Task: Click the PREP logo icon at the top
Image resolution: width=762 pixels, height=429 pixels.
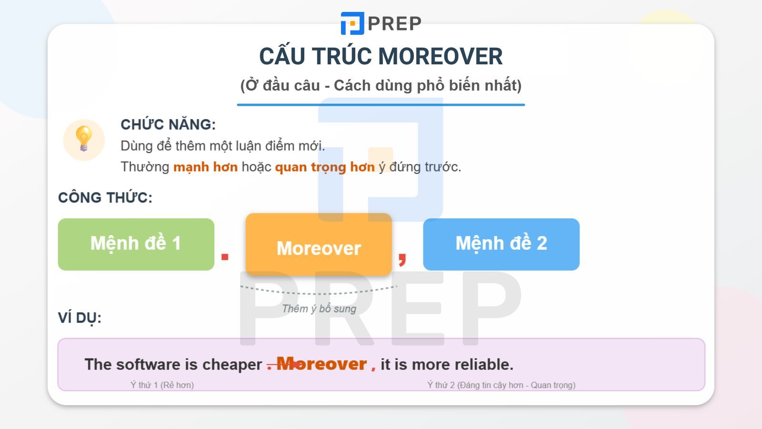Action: [352, 23]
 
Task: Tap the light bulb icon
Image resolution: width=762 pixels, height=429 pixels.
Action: [84, 139]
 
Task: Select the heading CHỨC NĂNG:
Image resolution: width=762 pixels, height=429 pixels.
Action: [168, 124]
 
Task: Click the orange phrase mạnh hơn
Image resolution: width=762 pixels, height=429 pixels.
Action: [205, 167]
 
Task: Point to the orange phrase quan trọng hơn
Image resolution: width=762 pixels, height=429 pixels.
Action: [325, 167]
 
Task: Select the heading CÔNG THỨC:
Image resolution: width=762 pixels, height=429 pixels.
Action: [105, 197]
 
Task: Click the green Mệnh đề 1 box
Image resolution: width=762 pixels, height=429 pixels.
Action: [136, 244]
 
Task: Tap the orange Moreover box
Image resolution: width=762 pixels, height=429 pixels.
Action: [319, 245]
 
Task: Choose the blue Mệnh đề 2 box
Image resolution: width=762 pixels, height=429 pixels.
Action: [501, 244]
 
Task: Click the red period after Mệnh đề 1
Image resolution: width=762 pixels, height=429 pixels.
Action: [225, 257]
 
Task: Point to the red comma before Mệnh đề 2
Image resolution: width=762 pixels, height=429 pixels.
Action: [402, 258]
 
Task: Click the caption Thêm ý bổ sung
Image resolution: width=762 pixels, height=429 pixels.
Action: [319, 309]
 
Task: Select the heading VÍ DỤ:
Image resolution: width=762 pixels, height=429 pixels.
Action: [80, 317]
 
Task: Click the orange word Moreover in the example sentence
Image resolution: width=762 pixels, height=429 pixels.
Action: [321, 364]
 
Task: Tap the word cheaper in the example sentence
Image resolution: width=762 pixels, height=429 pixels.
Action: [232, 365]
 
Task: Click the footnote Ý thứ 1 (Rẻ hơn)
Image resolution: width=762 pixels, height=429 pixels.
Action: [162, 385]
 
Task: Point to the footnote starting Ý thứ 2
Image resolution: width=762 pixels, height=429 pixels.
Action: [501, 385]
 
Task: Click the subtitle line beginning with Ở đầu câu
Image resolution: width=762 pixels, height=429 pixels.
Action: [381, 85]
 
